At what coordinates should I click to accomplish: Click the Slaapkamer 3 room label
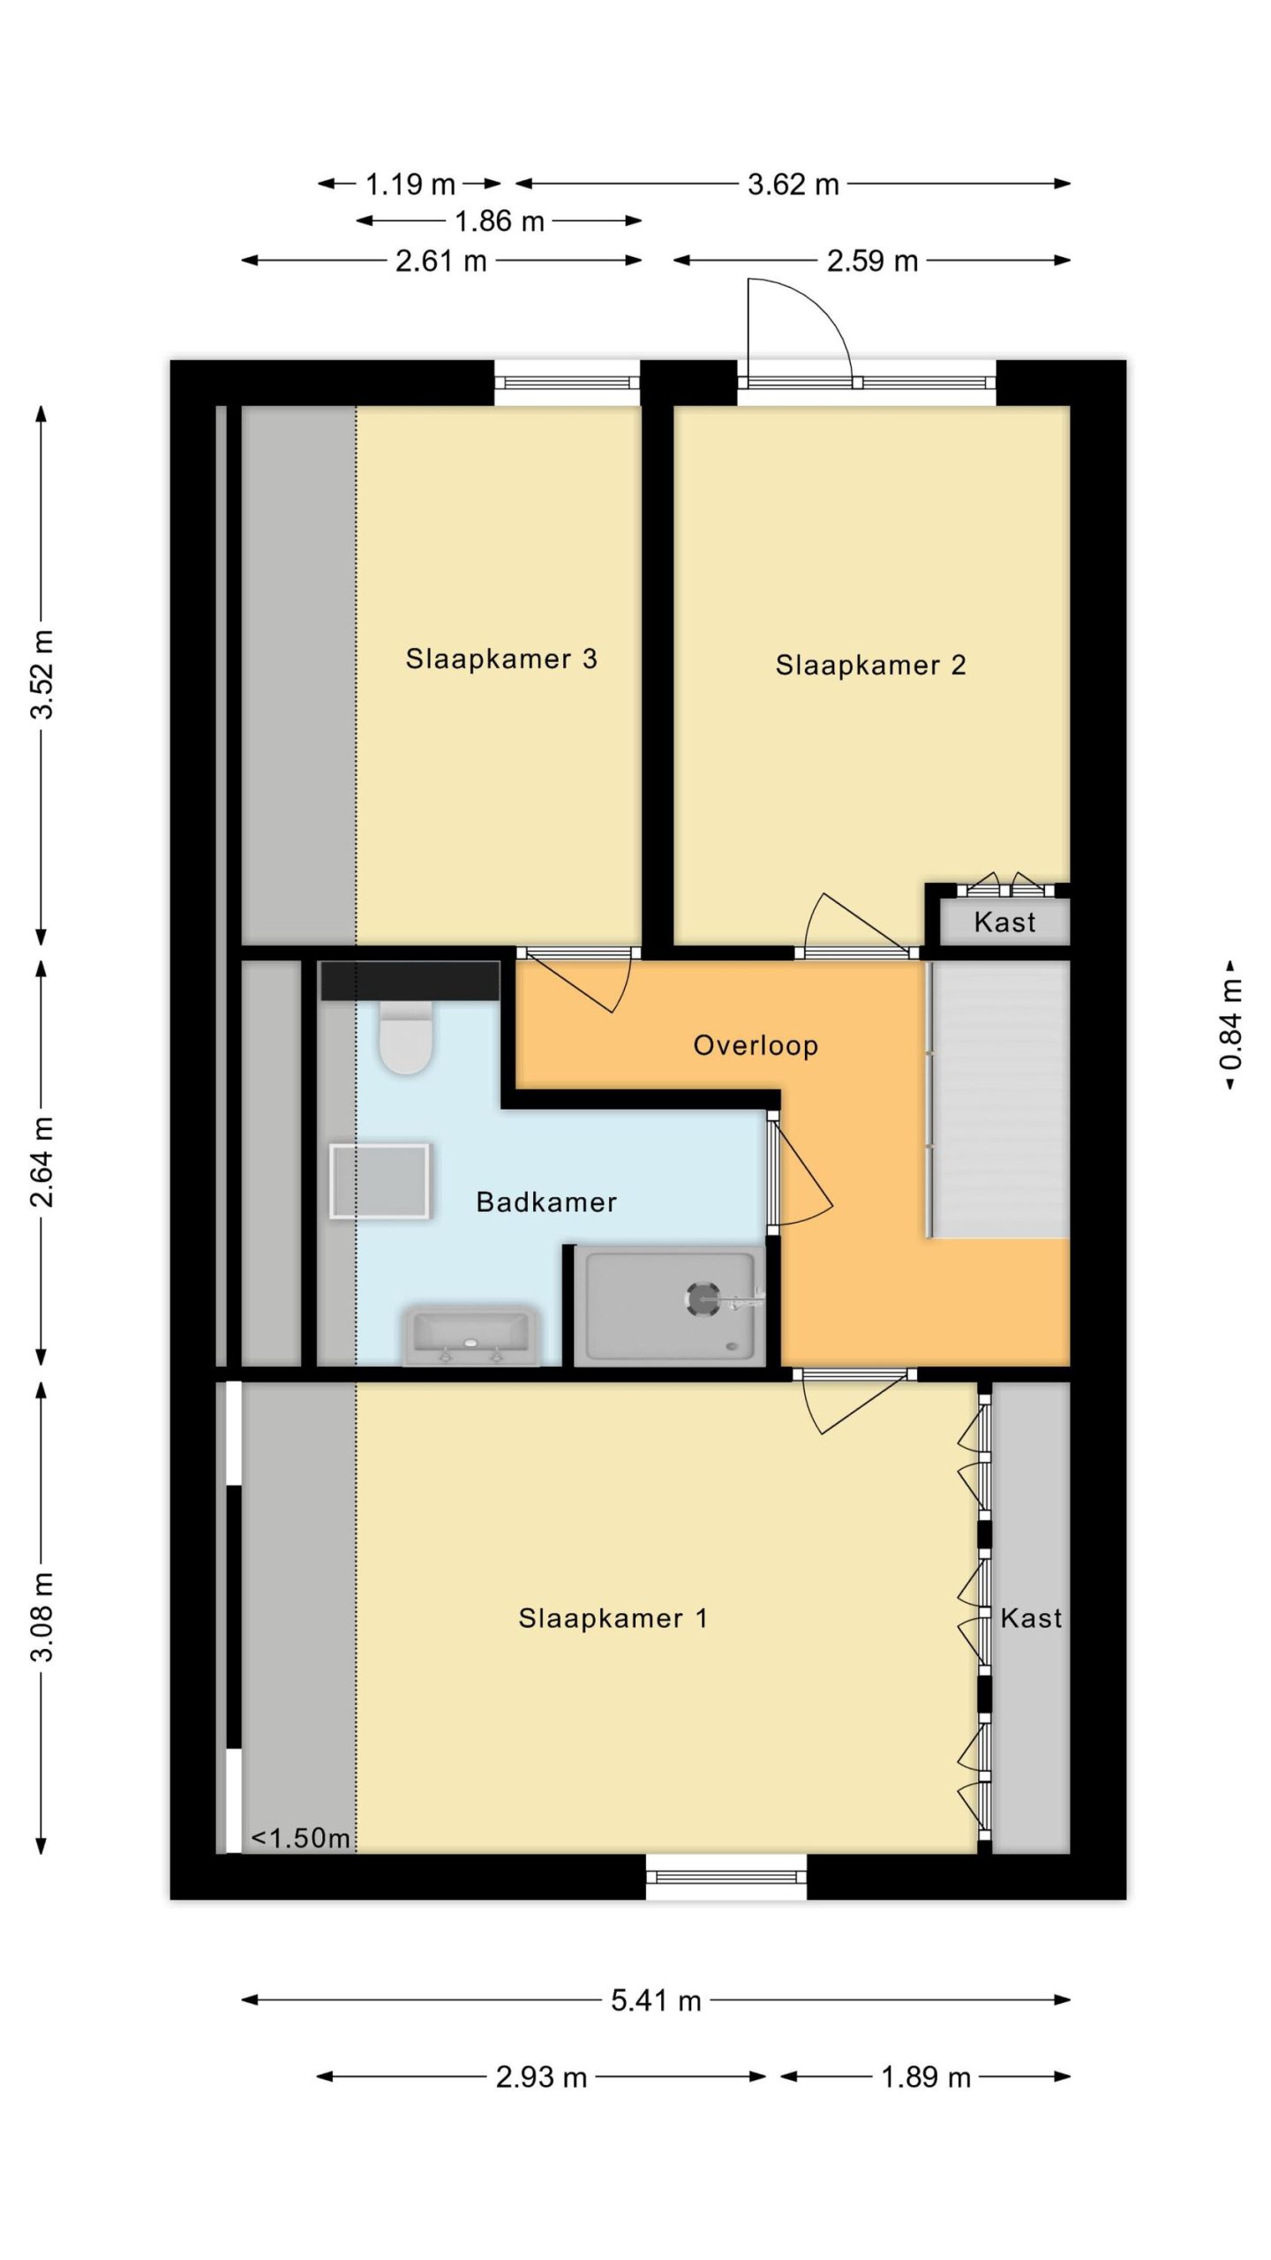[501, 659]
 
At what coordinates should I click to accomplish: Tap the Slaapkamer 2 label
[870, 665]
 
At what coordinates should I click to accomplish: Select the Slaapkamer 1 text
[613, 1618]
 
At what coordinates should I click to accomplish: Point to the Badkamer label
[546, 1202]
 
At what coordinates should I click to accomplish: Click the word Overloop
[756, 1045]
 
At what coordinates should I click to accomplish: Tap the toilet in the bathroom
[405, 1036]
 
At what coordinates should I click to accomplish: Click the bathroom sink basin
[470, 1336]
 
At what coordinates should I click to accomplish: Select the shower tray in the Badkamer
[669, 1307]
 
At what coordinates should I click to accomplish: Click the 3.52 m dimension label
[42, 674]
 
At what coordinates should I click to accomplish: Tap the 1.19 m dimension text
[410, 185]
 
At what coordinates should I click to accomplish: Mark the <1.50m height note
[300, 1838]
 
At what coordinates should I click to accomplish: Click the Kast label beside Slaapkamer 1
[1031, 1618]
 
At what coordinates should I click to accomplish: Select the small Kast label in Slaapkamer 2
[1004, 923]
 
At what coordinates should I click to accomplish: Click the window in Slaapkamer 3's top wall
[567, 383]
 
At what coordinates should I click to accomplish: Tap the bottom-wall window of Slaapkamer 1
[726, 1877]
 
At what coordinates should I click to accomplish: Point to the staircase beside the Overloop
[998, 1099]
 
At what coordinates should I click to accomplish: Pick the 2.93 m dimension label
[541, 2076]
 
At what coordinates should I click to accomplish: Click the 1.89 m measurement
[926, 2076]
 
